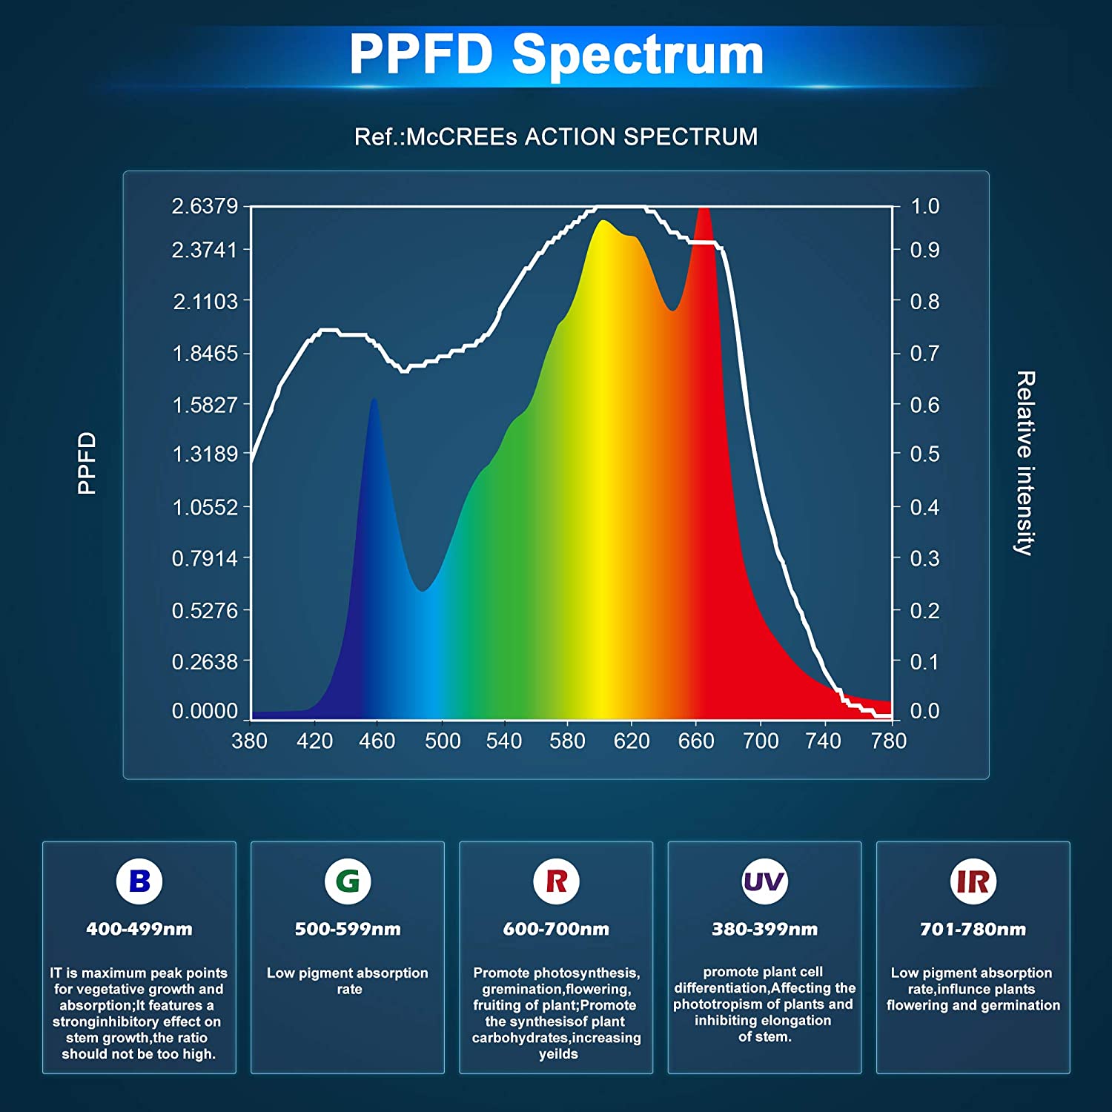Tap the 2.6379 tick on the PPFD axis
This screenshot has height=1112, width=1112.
(x=205, y=206)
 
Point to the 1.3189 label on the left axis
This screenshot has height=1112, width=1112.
(x=205, y=454)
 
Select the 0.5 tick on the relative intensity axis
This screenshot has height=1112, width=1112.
(x=924, y=454)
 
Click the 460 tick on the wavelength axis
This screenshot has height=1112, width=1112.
(x=377, y=741)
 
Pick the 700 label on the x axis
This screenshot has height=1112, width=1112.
(x=761, y=741)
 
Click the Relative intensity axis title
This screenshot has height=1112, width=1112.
(x=1025, y=463)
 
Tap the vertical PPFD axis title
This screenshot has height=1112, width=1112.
(x=87, y=463)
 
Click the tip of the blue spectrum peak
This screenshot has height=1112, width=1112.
(x=374, y=400)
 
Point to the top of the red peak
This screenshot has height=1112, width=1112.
(x=704, y=211)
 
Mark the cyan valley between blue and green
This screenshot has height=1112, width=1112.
(x=423, y=590)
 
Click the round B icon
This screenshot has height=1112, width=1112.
(x=139, y=881)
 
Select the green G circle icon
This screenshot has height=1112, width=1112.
(x=348, y=881)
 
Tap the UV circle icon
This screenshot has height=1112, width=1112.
(x=764, y=881)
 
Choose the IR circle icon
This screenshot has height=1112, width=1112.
(x=973, y=881)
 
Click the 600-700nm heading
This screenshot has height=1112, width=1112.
(x=556, y=929)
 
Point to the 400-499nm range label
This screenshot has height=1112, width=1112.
(x=139, y=929)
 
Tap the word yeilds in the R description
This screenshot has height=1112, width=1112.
(x=558, y=1054)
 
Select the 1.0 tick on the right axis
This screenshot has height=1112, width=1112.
(x=924, y=206)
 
